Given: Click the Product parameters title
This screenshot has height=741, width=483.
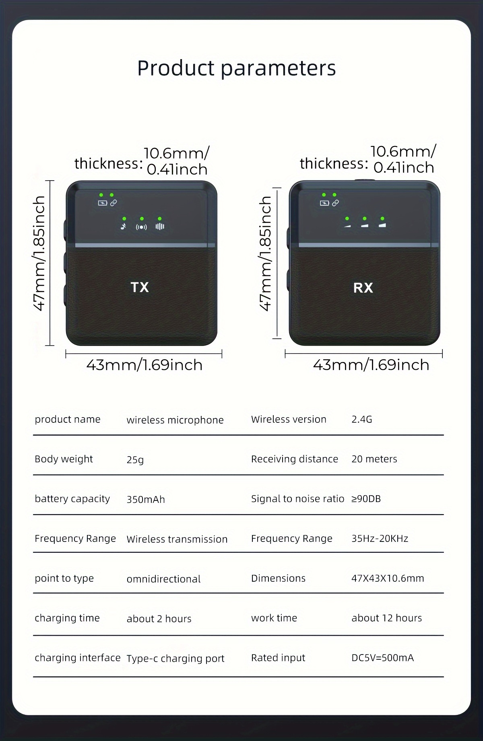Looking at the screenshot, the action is (237, 68).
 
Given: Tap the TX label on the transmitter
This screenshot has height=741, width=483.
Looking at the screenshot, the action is (140, 287).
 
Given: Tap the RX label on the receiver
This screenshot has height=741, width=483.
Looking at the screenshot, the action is (363, 288).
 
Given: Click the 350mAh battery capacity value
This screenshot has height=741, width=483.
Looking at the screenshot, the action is (146, 499).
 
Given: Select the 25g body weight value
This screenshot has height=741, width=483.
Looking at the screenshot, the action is (135, 459).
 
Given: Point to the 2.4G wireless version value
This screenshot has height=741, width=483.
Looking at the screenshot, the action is (362, 419).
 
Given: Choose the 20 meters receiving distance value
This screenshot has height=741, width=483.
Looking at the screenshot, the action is (374, 459).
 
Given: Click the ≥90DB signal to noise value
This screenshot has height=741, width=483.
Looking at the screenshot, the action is (366, 499).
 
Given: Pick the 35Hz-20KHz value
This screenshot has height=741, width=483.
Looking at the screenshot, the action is (380, 538).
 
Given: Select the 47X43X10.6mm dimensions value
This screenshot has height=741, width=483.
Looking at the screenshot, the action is (388, 578).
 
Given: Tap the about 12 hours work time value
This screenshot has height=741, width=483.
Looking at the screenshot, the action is (387, 618).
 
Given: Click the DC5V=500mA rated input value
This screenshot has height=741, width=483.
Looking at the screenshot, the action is (382, 658).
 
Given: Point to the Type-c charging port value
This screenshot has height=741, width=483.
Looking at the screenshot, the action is (175, 659).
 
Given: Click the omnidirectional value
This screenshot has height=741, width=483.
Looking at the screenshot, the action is (163, 579).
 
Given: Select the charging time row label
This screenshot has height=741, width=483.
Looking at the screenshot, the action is (67, 618).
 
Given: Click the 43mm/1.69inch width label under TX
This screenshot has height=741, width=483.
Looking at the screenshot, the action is (144, 365).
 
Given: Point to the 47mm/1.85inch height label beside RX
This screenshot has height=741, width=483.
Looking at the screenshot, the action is (266, 253).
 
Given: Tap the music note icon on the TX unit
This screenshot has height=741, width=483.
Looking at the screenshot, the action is (124, 226).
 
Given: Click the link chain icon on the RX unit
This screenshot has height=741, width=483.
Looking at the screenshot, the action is (335, 203).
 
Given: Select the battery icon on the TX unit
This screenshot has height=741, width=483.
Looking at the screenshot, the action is (103, 203).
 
